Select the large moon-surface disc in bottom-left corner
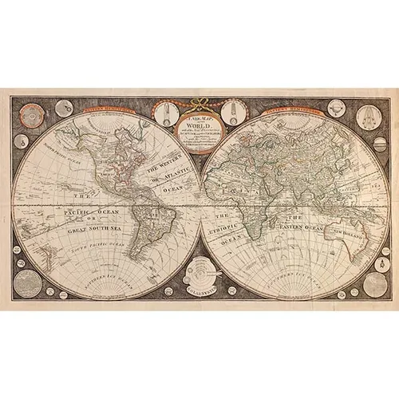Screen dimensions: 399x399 coord(29,282)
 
